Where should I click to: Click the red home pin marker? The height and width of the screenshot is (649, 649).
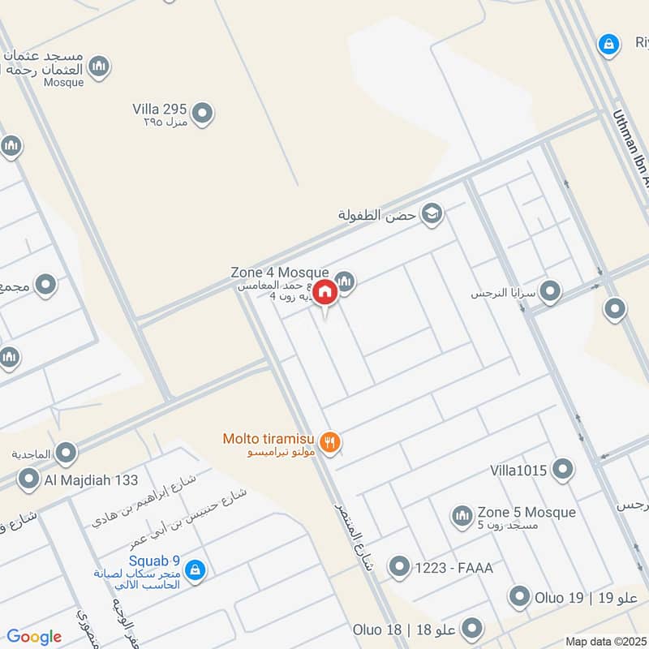325,291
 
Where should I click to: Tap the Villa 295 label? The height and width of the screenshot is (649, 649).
160,109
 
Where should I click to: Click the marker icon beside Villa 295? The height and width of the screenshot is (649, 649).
202,114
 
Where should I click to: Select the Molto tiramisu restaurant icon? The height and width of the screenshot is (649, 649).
330,443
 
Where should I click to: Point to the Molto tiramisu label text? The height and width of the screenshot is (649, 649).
270,440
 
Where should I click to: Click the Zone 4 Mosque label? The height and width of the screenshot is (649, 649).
280,273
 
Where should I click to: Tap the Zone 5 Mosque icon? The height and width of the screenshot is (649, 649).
462,516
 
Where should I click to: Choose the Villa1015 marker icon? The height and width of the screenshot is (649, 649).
561,469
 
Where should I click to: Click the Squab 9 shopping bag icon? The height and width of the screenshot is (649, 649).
194,572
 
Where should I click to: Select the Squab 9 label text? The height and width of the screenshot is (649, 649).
153,561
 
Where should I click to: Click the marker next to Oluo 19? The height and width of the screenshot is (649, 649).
520,598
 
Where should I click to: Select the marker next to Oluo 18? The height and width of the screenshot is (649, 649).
471,629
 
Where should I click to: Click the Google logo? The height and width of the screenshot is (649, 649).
34,637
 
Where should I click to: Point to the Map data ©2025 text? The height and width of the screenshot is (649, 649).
604,642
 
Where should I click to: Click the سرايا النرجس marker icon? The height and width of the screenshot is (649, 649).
551,290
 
